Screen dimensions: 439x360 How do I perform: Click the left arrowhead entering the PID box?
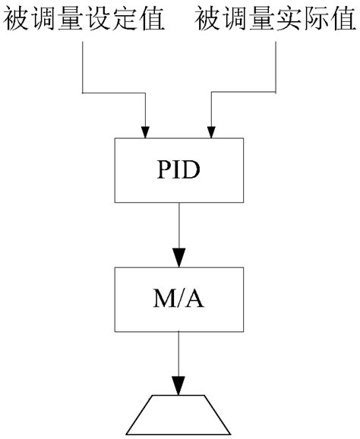coord(146,131)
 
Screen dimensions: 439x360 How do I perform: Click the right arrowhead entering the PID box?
coord(213,131)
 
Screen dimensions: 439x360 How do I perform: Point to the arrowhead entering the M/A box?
coord(179,258)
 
